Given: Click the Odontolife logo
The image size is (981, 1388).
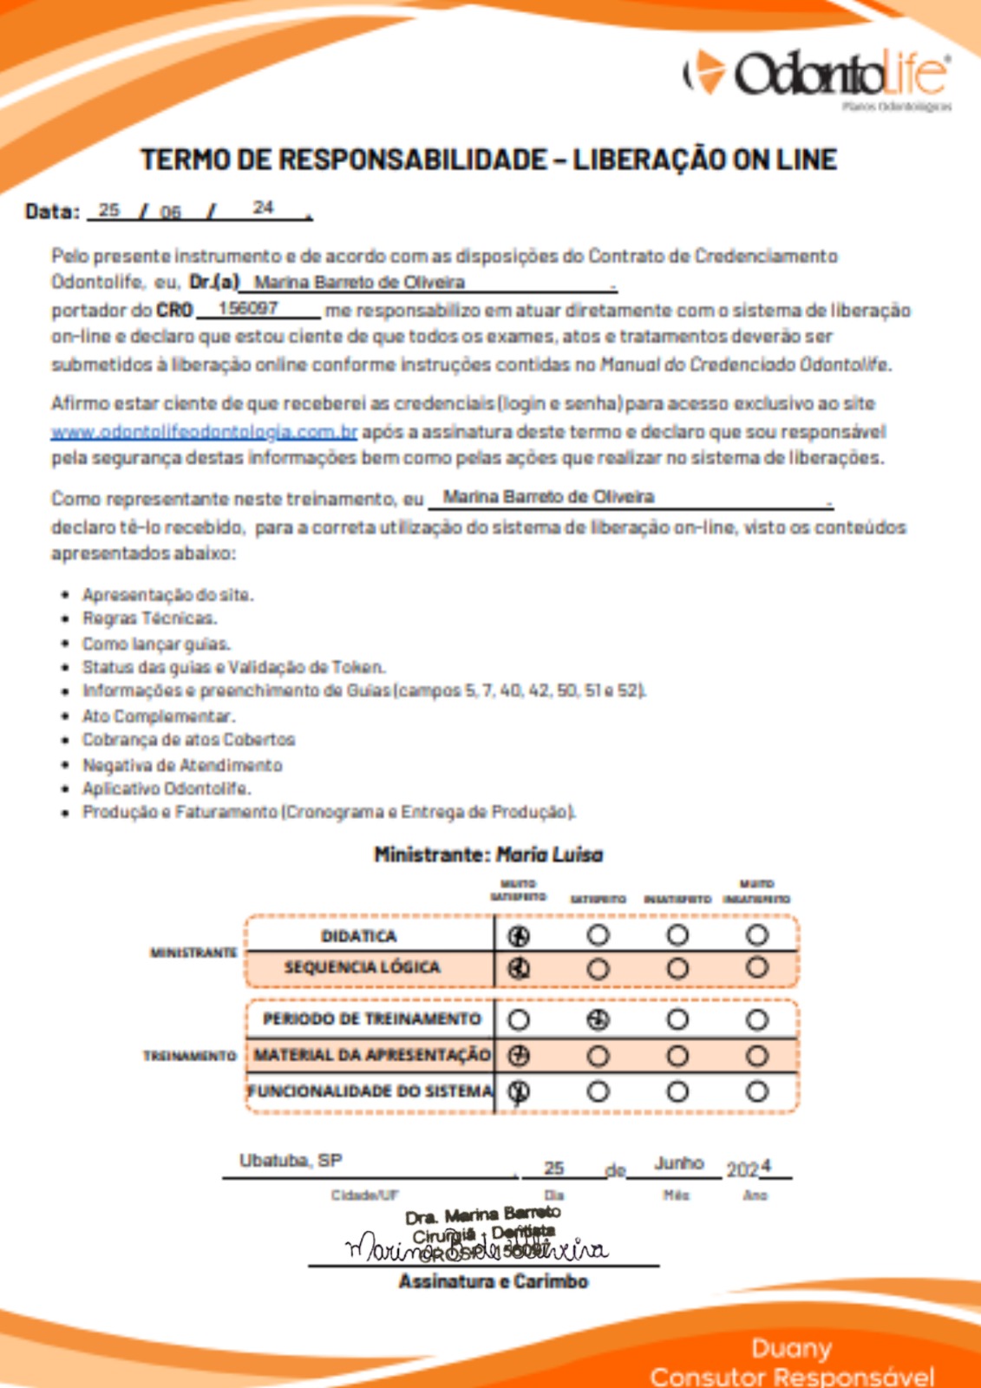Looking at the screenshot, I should coord(816,74).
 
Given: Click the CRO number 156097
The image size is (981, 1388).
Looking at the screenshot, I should coord(248,309).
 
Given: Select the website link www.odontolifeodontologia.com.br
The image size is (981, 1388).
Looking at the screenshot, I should coord(204,432).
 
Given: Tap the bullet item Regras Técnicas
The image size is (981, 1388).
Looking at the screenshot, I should coord(149,619).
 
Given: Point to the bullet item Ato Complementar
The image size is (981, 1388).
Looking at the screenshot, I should coord(158,716).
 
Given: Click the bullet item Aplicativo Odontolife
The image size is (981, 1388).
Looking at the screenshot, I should coord(166,789).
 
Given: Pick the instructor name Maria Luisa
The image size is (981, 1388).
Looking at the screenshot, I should coord(550,854).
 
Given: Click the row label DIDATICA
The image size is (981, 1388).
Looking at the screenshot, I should coord(358,936).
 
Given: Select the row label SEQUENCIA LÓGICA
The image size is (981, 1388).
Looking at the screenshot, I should coord(362,967).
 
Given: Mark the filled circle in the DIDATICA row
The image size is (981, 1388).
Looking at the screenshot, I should coord(519,936).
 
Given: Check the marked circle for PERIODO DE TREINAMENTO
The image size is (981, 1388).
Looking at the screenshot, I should coord(598,1020).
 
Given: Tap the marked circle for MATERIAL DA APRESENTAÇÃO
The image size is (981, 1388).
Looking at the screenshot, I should coord(519,1056).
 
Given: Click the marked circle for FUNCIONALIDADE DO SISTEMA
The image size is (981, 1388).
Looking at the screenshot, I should coord(519,1091).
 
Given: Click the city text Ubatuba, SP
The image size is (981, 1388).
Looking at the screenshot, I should coord(291,1161).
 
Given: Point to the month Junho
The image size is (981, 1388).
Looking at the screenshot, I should coord(678,1162).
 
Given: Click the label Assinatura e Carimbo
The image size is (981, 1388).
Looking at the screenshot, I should coord(493,1281).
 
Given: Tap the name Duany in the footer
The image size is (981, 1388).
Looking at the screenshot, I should coord(791,1348).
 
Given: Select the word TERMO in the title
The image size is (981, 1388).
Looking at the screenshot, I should coord(180,160).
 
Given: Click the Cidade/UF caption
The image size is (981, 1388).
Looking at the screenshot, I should coord(364,1195).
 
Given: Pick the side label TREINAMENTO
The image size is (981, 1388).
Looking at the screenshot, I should coord(189,1056).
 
